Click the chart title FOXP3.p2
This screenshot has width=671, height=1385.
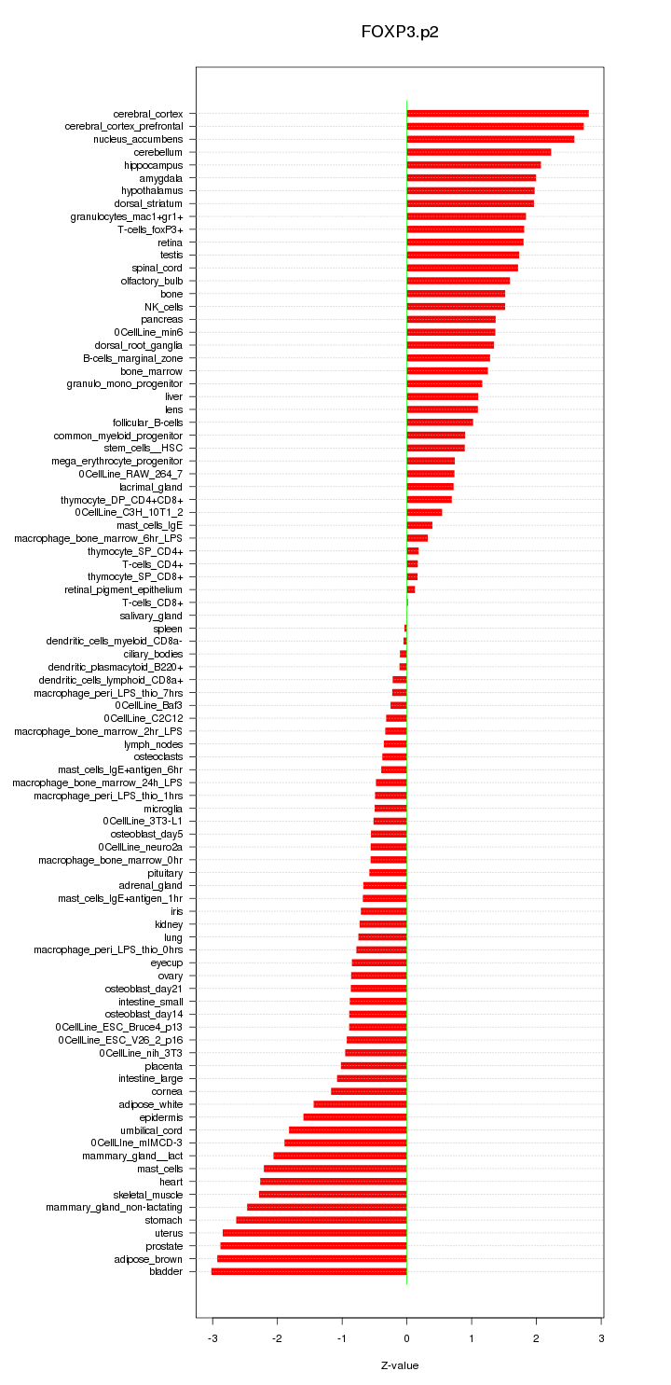[x=400, y=32]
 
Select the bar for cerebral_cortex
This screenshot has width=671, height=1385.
[x=498, y=114]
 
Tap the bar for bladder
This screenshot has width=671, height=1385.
[x=309, y=1271]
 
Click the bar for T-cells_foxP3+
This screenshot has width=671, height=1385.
[x=465, y=229]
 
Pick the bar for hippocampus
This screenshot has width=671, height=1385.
[x=473, y=165]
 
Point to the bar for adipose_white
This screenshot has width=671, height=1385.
[x=360, y=1104]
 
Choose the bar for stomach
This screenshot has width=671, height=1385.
[x=322, y=1220]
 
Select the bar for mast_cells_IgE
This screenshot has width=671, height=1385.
[x=419, y=525]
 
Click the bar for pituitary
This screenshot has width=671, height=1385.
[x=388, y=873]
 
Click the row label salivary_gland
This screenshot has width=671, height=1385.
[x=151, y=616]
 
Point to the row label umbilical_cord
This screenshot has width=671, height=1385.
[x=152, y=1130]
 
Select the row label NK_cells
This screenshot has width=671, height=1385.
[x=163, y=307]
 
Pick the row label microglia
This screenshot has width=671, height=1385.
[x=163, y=809]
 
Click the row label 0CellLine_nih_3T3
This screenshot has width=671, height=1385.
[x=141, y=1053]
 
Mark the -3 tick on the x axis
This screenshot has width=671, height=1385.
[x=212, y=1339]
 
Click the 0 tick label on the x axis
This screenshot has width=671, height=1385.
[x=406, y=1339]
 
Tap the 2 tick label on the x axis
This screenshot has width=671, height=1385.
[x=536, y=1339]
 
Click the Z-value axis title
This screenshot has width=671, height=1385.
[x=400, y=1365]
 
